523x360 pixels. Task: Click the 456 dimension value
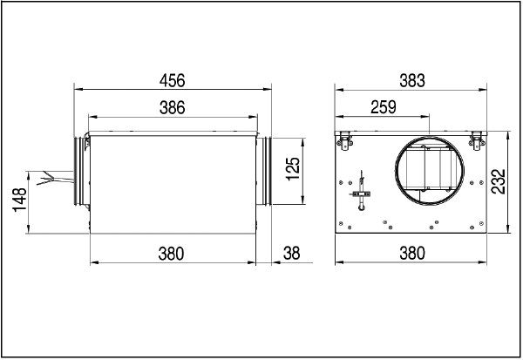(x=172, y=81)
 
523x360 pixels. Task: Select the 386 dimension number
(x=172, y=108)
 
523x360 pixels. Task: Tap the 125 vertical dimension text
(x=293, y=169)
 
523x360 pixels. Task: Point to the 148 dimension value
(x=19, y=200)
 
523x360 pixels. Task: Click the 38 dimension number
(x=291, y=254)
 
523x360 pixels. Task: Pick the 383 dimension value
(x=412, y=81)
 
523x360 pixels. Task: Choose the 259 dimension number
(x=384, y=107)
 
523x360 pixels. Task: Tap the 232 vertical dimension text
(x=499, y=181)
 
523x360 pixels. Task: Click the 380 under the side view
(x=171, y=254)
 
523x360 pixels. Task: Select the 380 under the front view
(x=412, y=254)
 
